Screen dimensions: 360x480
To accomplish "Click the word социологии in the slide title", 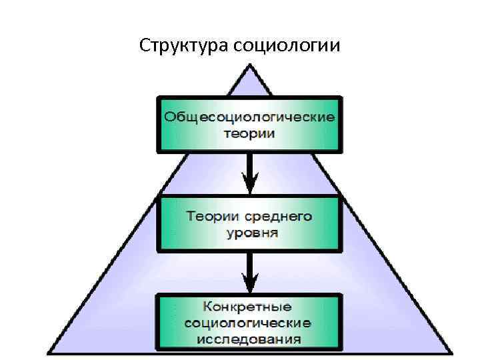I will [x=287, y=46].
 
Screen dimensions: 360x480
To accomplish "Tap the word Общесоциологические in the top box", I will [x=249, y=117].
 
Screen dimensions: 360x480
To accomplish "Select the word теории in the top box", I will [x=249, y=133].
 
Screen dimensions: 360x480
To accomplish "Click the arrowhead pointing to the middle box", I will [x=249, y=183].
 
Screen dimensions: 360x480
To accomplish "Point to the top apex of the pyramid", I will [x=249, y=65].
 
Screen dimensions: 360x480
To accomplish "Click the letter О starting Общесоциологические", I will [x=171, y=117].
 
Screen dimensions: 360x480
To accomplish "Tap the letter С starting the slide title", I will [x=145, y=45].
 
